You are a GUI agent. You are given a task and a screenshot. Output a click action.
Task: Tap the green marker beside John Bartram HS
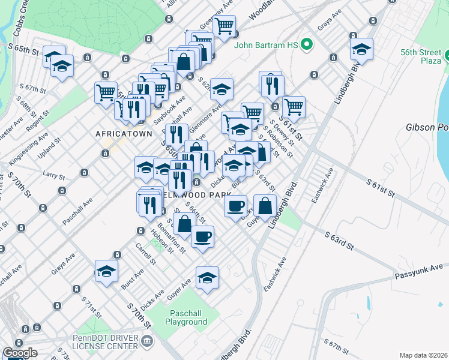coord(307,44)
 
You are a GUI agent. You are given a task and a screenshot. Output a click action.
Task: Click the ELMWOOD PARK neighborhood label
coord(193,195)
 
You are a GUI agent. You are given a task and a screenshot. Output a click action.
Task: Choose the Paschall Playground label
coord(178,317)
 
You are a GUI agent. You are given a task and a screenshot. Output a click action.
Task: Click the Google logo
coord(20,353)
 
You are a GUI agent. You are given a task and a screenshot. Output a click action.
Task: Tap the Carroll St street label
coord(145,254)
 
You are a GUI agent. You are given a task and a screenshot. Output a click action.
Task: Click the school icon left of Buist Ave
coord(106,271)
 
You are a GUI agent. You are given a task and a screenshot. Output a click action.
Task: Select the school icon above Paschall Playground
coord(207,277)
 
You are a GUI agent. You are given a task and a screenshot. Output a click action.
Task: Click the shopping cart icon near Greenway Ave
coord(224,26)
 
